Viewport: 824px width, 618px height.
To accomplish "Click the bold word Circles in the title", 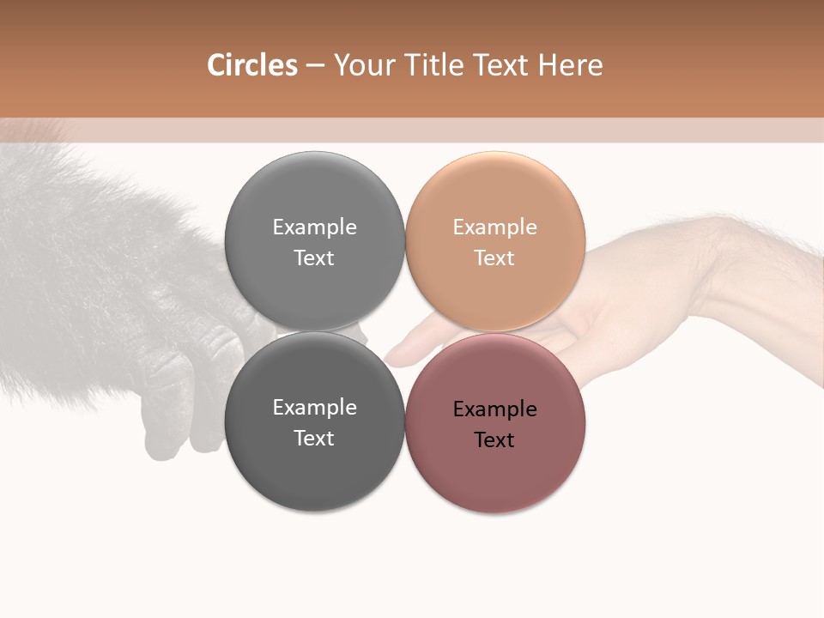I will coord(251,65).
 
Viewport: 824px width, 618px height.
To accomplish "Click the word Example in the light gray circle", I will coord(314,227).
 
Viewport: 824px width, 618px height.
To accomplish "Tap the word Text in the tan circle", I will coord(494,258).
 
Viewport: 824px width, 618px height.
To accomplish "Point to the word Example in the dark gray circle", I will coord(314,408).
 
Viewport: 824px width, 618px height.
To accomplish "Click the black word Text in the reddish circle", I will coord(494,440).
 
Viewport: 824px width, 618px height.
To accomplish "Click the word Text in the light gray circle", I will coord(314,258).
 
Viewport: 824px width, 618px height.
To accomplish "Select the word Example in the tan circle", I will coord(494,227).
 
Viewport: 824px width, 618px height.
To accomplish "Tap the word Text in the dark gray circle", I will coord(314,439).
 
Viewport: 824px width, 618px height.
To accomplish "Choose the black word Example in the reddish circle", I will coord(494,409).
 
